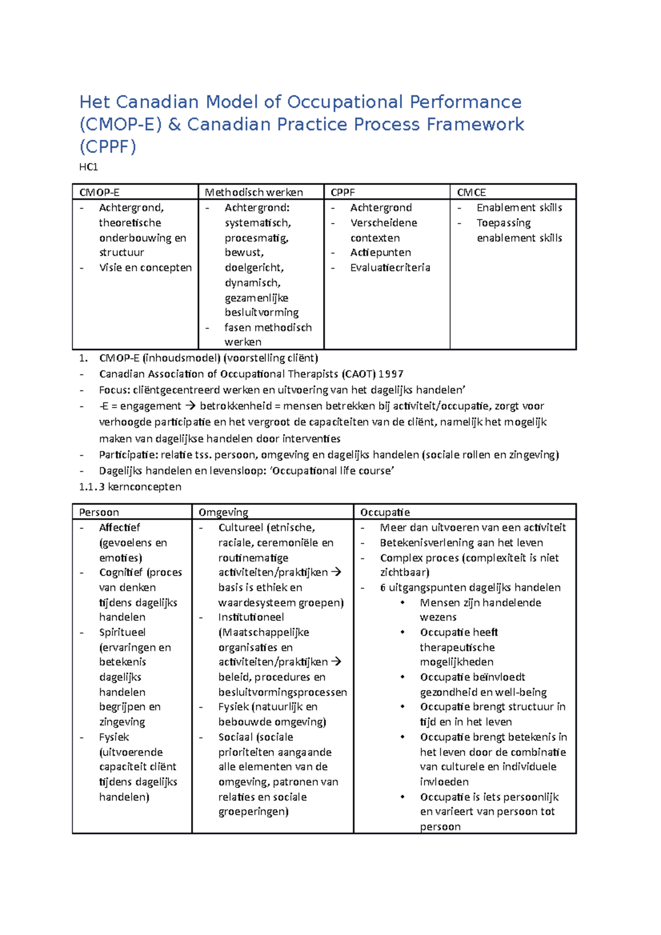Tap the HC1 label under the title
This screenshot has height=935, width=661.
pos(88,167)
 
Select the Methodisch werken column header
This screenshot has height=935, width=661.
pos(253,192)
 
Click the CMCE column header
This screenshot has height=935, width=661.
pos(471,192)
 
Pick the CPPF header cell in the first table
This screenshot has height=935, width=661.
pos(343,192)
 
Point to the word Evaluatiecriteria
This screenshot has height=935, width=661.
pos(390,268)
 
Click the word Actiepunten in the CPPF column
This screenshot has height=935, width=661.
pos(380,253)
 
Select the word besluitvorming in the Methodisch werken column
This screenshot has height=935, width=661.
pos(261,313)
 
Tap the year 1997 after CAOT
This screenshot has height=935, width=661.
pos(391,374)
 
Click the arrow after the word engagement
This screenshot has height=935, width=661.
pos(190,406)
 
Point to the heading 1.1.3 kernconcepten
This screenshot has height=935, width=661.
pos(130,487)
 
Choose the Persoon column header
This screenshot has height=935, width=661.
pos(99,512)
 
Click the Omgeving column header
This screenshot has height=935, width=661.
pos(223,512)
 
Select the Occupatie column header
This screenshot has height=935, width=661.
pos(384,512)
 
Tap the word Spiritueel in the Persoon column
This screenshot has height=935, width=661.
pos(122,632)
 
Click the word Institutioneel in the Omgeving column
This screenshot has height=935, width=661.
pos(251,617)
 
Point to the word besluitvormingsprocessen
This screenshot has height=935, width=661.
pos(282,692)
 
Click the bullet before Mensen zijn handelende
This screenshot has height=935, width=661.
pos(403,602)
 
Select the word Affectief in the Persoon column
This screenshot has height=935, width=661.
pos(119,528)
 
